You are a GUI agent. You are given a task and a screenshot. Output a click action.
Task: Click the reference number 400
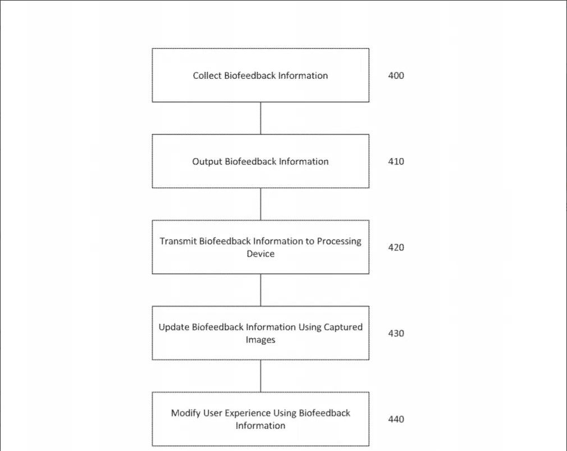click(396, 75)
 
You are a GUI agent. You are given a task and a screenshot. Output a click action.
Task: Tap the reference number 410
click(396, 161)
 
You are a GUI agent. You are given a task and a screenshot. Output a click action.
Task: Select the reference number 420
click(396, 247)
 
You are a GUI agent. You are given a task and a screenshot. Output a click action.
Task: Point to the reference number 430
click(396, 333)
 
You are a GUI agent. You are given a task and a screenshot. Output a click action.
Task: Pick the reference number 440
click(396, 419)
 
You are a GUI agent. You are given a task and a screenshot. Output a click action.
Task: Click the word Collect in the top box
click(207, 75)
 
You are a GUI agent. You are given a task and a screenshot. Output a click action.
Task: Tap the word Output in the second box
click(207, 162)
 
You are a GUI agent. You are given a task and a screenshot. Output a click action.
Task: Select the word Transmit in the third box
click(178, 242)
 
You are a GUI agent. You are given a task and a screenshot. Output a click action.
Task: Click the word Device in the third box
click(260, 253)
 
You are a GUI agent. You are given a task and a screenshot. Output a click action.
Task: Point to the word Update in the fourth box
click(174, 327)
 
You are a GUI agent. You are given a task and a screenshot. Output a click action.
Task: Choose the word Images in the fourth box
click(260, 340)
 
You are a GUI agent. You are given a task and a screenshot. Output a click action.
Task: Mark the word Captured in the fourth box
click(343, 327)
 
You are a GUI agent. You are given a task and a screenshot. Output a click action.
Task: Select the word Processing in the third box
click(339, 242)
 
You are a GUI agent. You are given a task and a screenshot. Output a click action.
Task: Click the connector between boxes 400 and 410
click(260, 119)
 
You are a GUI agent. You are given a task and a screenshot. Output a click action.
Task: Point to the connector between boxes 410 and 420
click(260, 204)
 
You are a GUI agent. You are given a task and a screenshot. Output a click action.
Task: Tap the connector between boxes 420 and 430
click(260, 290)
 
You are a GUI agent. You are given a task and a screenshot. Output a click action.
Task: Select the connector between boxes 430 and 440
click(260, 376)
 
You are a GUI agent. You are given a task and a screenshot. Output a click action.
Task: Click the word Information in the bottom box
click(260, 426)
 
